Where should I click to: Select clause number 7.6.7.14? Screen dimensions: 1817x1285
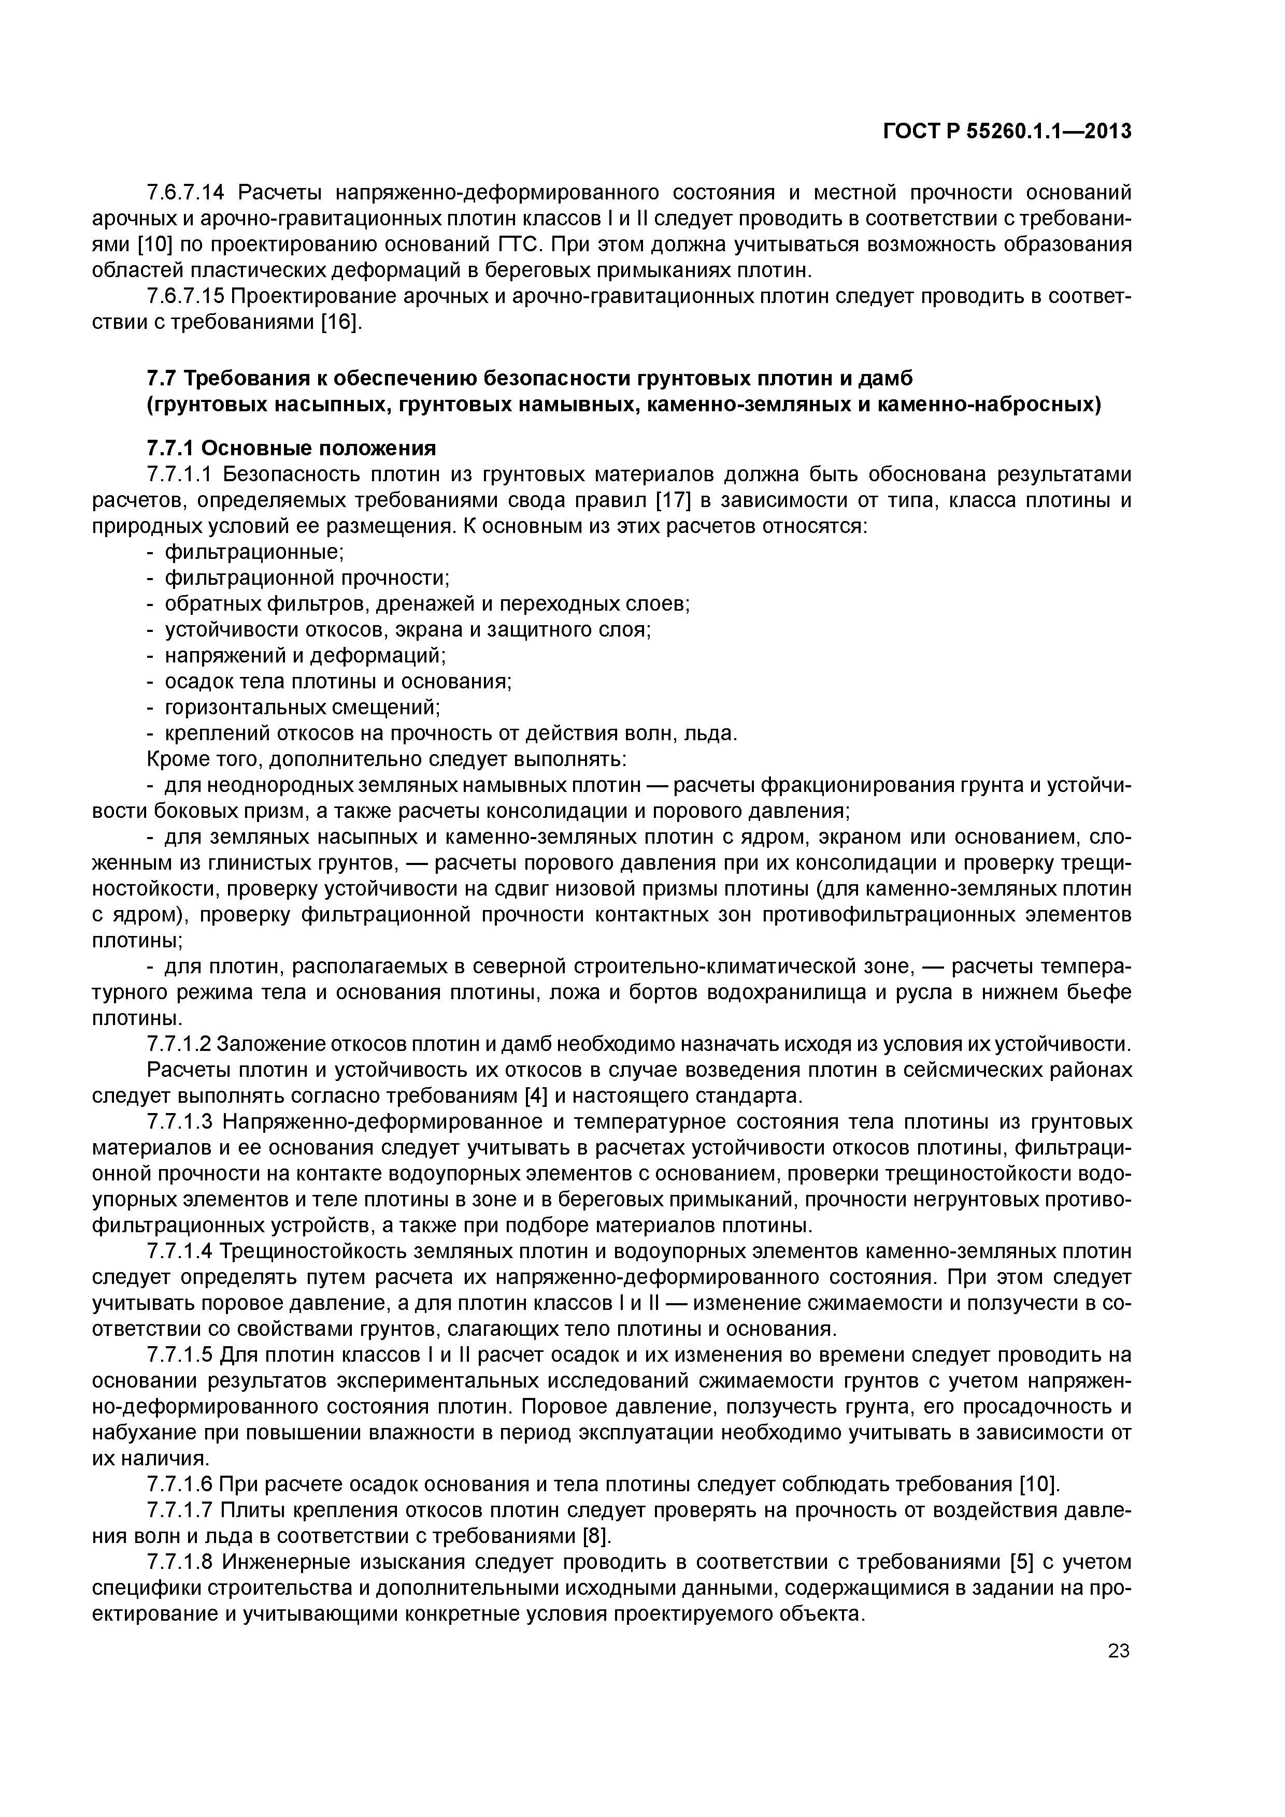click(187, 192)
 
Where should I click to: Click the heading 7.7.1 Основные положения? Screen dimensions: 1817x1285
click(291, 449)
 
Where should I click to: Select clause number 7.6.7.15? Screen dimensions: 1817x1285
click(187, 297)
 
